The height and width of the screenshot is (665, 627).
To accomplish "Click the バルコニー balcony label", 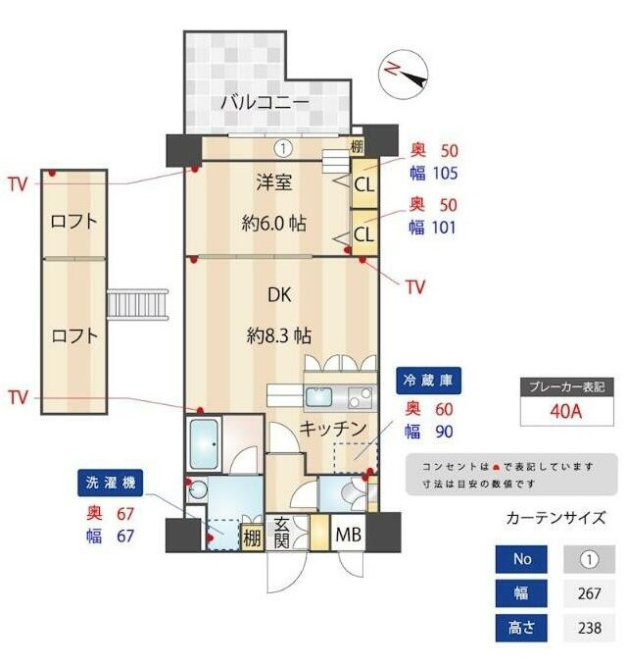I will [264, 101].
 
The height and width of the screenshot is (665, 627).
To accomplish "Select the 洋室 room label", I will [274, 181].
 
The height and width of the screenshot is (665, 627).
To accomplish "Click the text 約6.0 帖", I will [273, 223].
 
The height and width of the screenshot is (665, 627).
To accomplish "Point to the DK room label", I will [279, 293].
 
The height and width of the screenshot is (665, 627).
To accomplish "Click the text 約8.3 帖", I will [279, 334].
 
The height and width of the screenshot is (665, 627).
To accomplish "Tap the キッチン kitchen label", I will [332, 429].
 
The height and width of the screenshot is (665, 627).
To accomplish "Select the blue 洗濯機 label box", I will [111, 483].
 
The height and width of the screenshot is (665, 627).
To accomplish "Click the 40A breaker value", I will [565, 411].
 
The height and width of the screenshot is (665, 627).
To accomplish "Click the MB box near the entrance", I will [348, 537].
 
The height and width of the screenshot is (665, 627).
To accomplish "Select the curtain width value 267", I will [589, 593].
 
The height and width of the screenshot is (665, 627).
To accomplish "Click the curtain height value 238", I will [589, 628].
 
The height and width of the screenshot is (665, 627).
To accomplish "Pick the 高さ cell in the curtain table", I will [522, 628].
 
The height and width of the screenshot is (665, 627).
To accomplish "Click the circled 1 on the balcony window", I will [282, 149].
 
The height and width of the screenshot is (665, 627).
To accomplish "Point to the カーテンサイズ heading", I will [555, 519].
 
